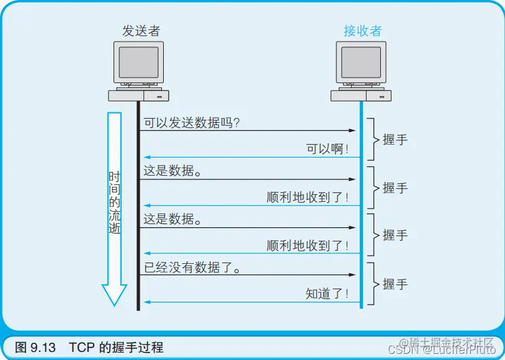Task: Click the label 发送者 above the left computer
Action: (x=141, y=30)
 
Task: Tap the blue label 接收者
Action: (x=363, y=30)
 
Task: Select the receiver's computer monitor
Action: (x=361, y=62)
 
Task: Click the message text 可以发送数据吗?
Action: (x=192, y=123)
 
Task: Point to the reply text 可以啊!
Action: (x=328, y=150)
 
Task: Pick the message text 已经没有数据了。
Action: (x=192, y=268)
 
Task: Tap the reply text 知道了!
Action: (x=328, y=294)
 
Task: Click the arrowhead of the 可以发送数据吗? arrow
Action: (x=353, y=131)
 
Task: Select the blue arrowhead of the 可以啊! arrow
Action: (x=147, y=158)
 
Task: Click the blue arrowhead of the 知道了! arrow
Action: (x=147, y=302)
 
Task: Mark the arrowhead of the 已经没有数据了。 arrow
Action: (x=353, y=275)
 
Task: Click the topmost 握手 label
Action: (x=395, y=140)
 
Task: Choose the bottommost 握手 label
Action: (x=395, y=284)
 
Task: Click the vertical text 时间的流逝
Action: (x=114, y=202)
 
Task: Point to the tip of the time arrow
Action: (x=114, y=304)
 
